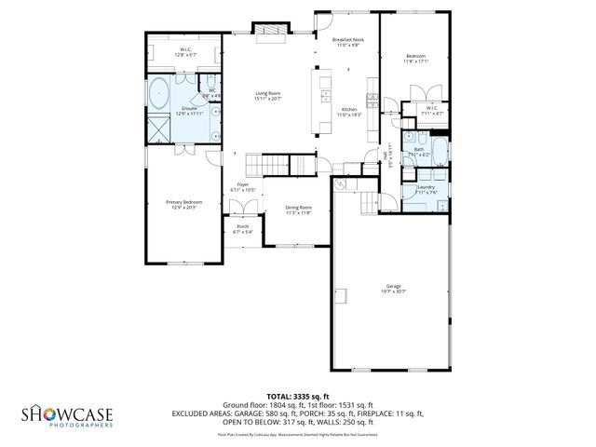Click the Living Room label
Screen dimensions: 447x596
[x=268, y=94]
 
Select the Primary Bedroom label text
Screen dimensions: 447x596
[x=184, y=204]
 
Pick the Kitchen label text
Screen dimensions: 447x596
[x=350, y=111]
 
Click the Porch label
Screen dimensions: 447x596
[x=242, y=228]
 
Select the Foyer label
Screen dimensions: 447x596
[x=243, y=187]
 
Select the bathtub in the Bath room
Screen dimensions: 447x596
[x=438, y=154]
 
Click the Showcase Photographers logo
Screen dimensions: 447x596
[x=68, y=415]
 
